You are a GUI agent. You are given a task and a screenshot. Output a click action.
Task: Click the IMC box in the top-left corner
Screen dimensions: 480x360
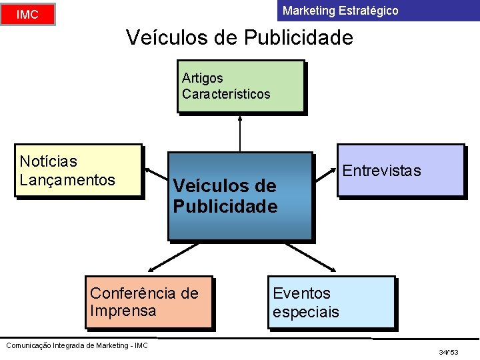click(x=27, y=14)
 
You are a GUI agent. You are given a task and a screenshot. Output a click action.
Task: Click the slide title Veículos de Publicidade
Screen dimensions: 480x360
click(x=239, y=38)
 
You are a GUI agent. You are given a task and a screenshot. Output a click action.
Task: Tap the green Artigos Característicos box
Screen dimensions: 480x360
click(x=241, y=86)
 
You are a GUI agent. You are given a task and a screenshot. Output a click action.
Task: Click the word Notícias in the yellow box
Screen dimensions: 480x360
click(x=48, y=161)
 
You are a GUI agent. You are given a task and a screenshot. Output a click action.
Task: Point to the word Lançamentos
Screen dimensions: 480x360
click(x=67, y=180)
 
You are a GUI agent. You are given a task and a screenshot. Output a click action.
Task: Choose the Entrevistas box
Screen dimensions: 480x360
click(x=400, y=171)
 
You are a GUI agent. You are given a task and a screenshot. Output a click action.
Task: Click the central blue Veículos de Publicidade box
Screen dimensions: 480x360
click(x=240, y=196)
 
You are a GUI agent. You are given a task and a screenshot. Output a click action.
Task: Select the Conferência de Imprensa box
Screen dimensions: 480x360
click(x=149, y=302)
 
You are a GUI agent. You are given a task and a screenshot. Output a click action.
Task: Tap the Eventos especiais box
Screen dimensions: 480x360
click(x=331, y=303)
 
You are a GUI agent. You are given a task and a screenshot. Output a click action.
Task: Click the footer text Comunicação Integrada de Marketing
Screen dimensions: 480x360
click(x=76, y=345)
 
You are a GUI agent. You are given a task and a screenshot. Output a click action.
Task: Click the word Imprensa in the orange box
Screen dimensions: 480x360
click(x=123, y=311)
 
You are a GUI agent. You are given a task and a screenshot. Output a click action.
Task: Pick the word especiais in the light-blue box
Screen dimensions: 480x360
click(x=305, y=312)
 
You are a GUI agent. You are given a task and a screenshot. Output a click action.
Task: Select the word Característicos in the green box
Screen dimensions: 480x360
click(x=226, y=94)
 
